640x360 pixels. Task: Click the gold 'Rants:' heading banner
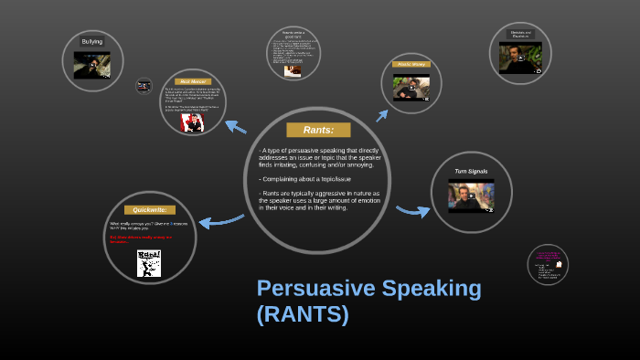318,130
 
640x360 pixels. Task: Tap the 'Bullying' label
92,41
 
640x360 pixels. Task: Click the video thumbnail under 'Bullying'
92,65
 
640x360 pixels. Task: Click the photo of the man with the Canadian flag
192,122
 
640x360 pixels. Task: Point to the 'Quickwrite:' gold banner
149,209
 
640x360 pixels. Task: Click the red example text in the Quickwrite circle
142,239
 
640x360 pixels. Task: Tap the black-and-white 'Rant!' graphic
148,263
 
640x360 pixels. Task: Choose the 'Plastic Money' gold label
411,64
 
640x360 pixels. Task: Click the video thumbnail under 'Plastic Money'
411,88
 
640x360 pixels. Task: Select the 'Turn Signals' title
471,171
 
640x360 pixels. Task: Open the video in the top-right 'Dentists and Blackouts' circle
520,58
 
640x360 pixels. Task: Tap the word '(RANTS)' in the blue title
303,315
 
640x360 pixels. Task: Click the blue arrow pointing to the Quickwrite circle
219,220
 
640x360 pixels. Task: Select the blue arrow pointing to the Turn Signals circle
412,211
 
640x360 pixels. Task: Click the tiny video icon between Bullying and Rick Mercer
144,86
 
